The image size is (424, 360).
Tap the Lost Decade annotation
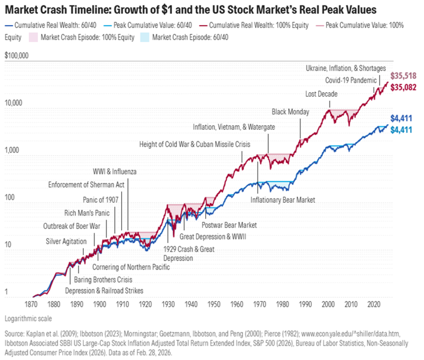[321, 94]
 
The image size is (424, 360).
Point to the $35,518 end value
[403, 76]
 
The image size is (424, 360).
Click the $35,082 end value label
[403, 87]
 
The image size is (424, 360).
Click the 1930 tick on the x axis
[167, 305]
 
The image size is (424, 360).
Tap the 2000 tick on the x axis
[328, 305]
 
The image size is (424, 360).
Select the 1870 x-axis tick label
[32, 305]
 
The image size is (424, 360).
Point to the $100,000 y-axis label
[16, 55]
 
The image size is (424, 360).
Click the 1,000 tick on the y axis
[12, 150]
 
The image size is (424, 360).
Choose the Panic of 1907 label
[101, 199]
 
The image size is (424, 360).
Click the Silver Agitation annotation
[66, 241]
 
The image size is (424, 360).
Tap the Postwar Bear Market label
[229, 225]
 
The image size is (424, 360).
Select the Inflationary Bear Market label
[282, 200]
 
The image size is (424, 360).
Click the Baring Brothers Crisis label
[103, 280]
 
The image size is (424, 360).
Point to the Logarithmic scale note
[29, 319]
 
